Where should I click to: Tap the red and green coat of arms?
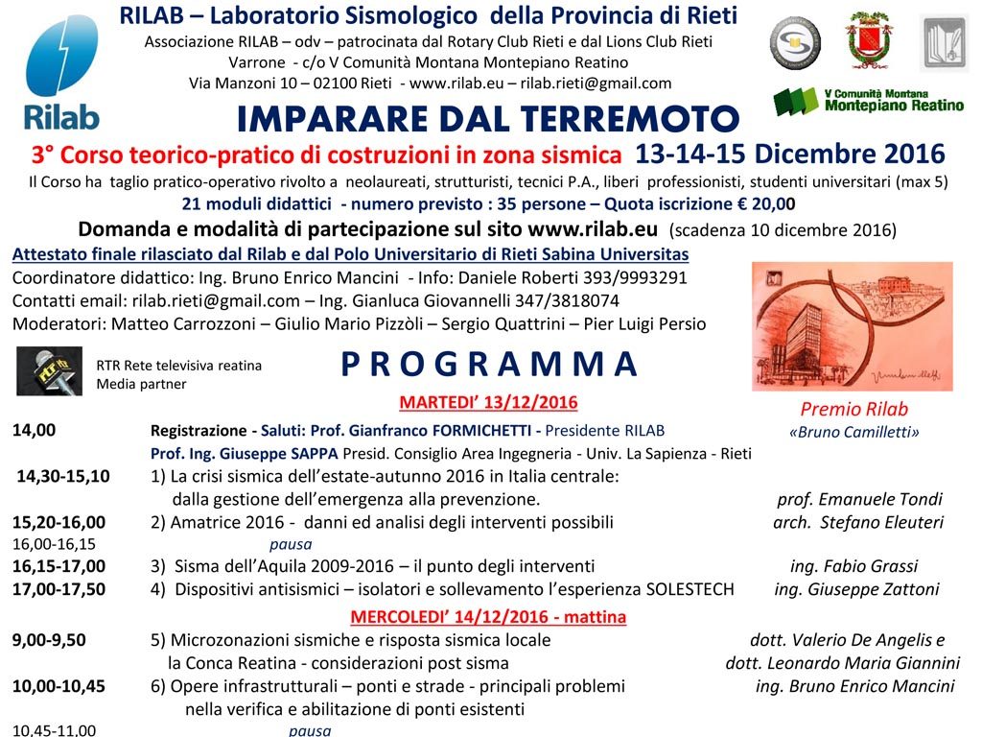tap(869, 39)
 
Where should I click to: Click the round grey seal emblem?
tap(795, 42)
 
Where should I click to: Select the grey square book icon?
tap(944, 43)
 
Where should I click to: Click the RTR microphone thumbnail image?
tap(49, 371)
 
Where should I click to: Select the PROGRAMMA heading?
tap(489, 365)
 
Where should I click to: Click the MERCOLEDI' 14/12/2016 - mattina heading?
tap(488, 616)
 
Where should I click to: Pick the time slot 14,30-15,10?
tap(63, 476)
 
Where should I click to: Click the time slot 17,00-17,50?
tap(59, 589)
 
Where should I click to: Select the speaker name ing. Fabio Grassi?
tap(853, 566)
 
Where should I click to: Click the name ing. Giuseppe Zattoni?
tap(856, 589)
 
